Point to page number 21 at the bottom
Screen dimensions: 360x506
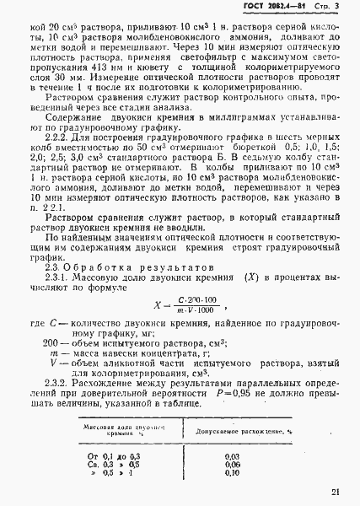[x=336, y=492]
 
